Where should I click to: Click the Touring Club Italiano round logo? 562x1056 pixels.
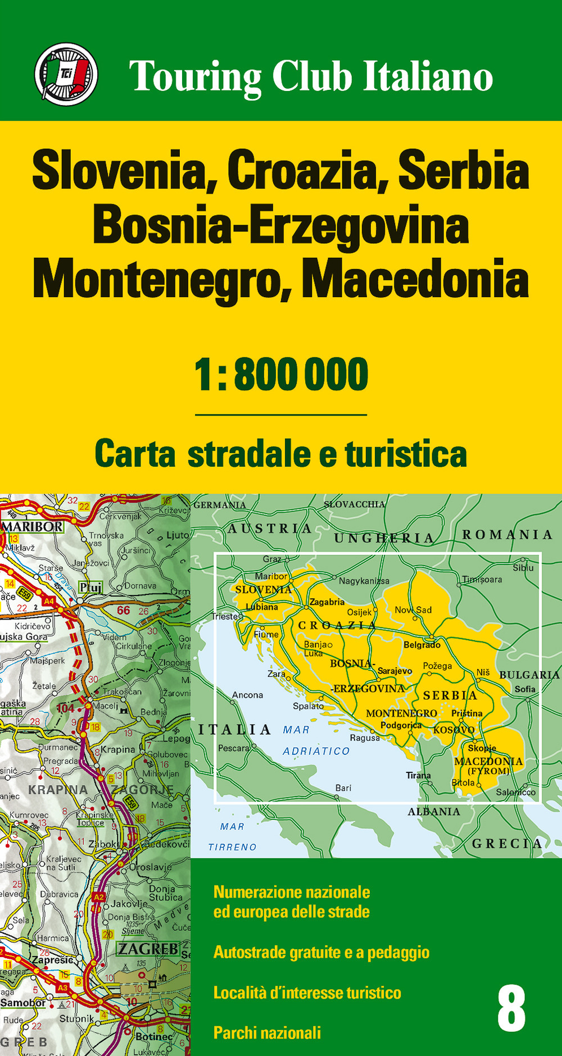tap(66, 74)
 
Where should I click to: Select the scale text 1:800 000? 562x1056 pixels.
tap(281, 375)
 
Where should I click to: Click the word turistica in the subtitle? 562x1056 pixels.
tap(406, 454)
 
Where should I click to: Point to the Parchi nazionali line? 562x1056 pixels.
tap(267, 1032)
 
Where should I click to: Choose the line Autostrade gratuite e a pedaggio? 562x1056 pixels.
tap(321, 952)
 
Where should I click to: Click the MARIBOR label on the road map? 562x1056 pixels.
tap(33, 527)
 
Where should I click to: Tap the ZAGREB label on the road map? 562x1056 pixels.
tap(148, 949)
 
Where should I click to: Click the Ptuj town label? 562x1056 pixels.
tap(90, 587)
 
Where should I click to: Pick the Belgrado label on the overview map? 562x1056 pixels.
tap(422, 645)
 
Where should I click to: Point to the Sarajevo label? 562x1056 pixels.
tap(395, 671)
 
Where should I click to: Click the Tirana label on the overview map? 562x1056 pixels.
tap(418, 775)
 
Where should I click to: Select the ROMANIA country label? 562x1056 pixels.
tap(507, 535)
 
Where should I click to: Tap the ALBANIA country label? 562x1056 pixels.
tap(433, 812)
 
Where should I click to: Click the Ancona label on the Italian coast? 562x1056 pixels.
tap(247, 695)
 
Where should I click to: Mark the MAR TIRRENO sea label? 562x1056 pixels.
tap(232, 837)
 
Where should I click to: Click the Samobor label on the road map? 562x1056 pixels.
tap(23, 1003)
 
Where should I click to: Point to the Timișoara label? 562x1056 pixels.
tap(482, 580)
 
